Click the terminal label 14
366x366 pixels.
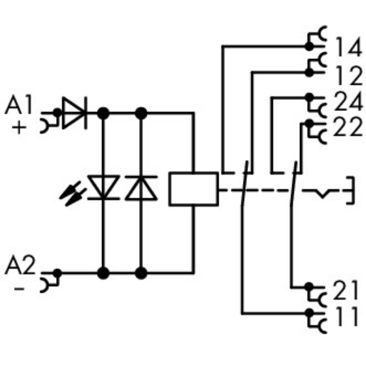point(347,49)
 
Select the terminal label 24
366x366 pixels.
point(347,102)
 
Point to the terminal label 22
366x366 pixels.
point(347,128)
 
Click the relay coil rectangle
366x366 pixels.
point(193,188)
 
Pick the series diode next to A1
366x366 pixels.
point(75,113)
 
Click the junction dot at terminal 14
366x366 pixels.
point(308,46)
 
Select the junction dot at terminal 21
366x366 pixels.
point(308,286)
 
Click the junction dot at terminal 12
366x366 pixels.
point(308,72)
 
